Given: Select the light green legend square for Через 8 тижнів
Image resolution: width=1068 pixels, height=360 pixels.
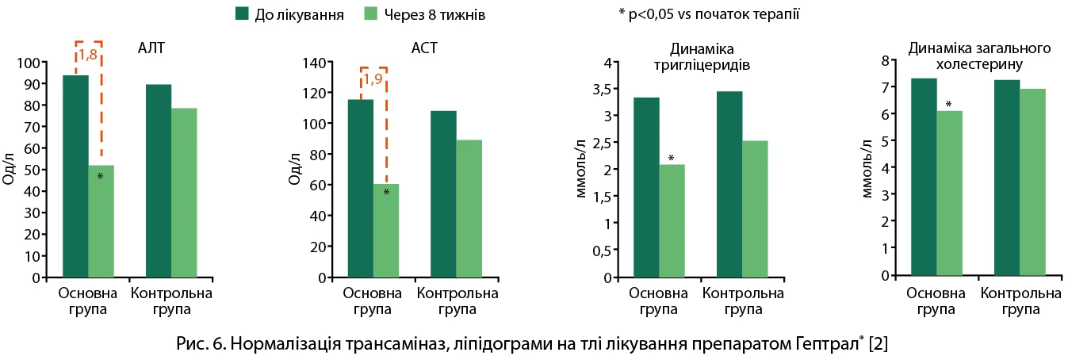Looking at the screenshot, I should (x=371, y=13).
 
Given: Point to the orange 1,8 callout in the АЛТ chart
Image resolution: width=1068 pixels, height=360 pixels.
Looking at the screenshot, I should (x=88, y=55).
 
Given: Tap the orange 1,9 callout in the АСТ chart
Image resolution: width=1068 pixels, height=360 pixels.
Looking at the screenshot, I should (x=373, y=79).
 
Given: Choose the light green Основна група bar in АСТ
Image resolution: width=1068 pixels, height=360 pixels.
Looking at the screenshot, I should (x=386, y=231).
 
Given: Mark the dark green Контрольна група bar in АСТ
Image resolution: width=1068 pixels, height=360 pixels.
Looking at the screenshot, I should (x=443, y=194).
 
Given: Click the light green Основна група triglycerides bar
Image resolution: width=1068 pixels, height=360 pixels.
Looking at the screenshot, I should (x=672, y=221).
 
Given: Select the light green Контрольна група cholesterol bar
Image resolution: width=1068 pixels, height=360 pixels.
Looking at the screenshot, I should (x=1032, y=182).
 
